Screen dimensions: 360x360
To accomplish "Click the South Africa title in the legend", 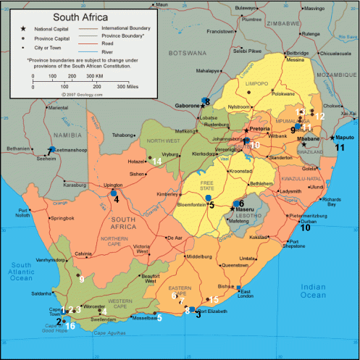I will click(x=80, y=14).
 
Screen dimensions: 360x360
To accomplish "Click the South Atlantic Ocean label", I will click(x=20, y=271).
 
